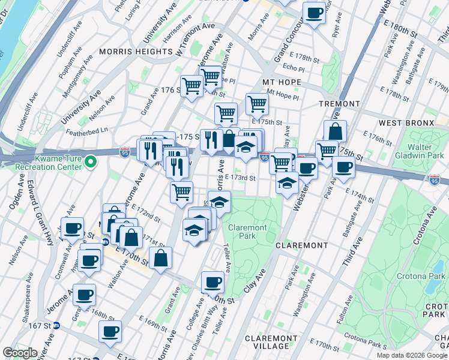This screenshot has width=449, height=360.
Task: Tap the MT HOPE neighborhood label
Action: [281, 82]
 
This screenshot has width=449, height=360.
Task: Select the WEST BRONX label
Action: [406, 123]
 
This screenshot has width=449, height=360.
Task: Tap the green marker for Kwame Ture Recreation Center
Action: [91, 161]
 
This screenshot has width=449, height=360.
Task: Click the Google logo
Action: [20, 353]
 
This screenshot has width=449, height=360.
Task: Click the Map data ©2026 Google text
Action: [411, 355]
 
